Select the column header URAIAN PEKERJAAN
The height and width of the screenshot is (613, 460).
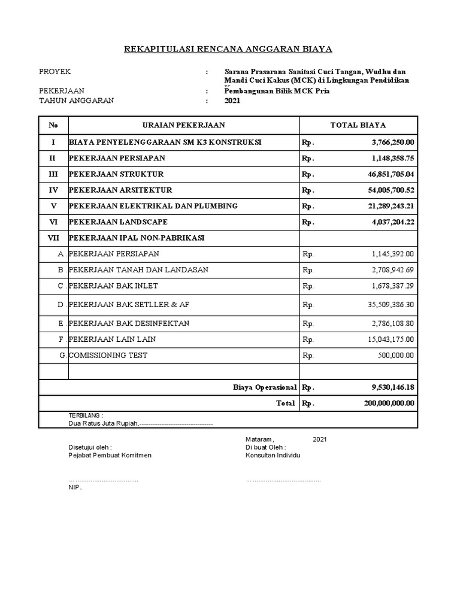click(184, 125)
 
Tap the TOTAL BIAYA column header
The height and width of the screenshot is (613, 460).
click(358, 125)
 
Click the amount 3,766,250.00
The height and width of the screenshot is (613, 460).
click(389, 142)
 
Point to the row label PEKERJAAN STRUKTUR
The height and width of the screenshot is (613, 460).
click(116, 174)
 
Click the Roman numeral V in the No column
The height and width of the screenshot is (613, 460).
click(53, 206)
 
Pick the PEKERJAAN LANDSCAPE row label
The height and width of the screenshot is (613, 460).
click(117, 221)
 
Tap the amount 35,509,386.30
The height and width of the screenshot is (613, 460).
click(387, 305)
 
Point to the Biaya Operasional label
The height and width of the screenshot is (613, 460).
click(265, 387)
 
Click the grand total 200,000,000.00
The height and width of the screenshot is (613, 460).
click(389, 403)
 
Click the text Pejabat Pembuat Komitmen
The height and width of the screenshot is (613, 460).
click(110, 455)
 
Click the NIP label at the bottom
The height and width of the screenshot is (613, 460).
click(74, 487)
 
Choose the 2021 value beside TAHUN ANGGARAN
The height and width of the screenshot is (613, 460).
click(232, 101)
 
